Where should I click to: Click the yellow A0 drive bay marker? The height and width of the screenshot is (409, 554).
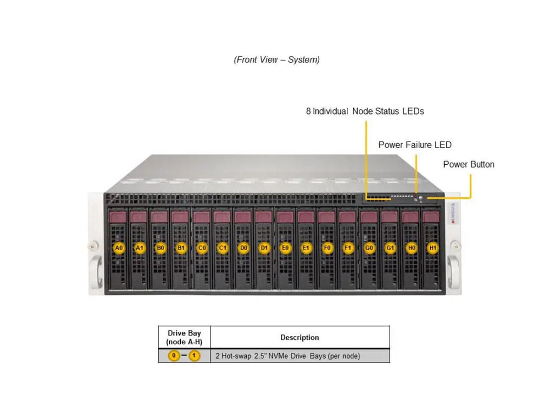[119, 248]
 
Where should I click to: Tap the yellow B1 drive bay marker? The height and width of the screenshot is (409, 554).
[181, 248]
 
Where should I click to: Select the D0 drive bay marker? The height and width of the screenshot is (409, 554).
[243, 248]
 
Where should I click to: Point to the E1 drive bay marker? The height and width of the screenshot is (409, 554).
[306, 248]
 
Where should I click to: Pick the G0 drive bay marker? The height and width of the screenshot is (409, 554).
[370, 248]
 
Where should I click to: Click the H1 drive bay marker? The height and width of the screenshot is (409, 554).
[432, 248]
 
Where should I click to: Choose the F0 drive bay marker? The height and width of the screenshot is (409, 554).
[327, 248]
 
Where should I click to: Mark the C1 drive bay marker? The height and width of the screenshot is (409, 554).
[222, 248]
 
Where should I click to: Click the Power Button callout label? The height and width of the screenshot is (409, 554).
[469, 164]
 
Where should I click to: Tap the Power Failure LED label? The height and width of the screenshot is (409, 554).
[414, 145]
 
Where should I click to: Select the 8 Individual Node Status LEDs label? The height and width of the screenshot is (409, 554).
[365, 111]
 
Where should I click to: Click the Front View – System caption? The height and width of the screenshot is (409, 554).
[276, 59]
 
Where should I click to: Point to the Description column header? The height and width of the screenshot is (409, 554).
[299, 338]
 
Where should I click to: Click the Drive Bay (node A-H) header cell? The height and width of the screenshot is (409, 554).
[184, 338]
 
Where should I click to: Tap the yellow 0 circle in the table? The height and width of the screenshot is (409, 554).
[174, 356]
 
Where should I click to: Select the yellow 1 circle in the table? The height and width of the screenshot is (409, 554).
[194, 356]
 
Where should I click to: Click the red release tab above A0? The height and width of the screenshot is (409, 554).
[118, 217]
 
